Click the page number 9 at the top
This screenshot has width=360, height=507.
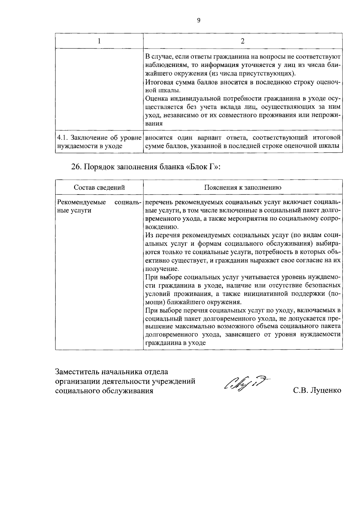pos(199,20)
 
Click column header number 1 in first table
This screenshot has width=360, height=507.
pos(99,41)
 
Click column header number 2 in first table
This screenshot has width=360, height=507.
pos(243,41)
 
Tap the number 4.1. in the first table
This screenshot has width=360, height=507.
pos(62,138)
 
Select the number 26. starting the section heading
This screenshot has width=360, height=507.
pos(76,167)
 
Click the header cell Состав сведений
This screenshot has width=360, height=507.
pos(99,188)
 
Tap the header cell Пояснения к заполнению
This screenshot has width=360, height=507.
pos(243,188)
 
